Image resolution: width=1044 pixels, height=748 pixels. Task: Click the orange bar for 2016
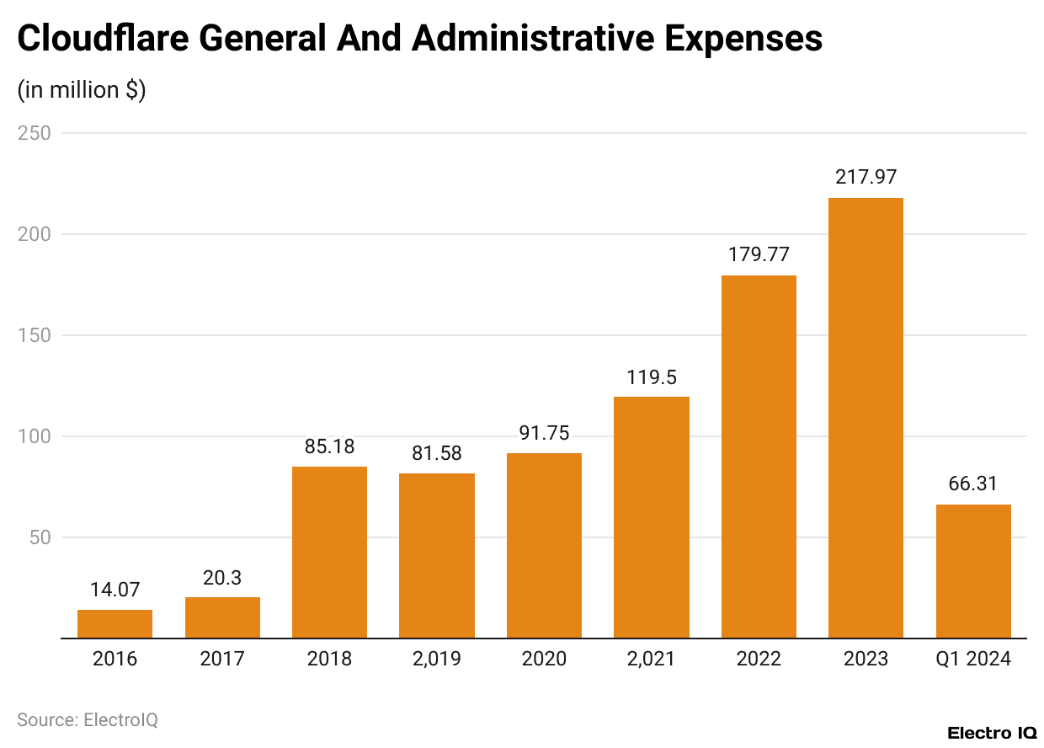[115, 624]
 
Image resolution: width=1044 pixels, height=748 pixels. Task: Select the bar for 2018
[329, 553]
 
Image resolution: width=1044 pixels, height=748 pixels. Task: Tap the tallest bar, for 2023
[866, 419]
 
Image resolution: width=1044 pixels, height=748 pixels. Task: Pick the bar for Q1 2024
[973, 571]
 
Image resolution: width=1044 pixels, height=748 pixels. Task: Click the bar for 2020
[544, 546]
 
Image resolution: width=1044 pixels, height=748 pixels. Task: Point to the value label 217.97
[866, 178]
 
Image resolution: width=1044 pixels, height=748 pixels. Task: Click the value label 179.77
[759, 255]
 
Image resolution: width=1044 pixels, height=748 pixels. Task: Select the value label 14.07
[115, 590]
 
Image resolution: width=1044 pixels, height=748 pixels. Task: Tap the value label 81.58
[436, 453]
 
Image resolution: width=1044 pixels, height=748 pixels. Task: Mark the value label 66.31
[973, 484]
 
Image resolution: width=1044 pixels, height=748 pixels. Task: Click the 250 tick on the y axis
[35, 133]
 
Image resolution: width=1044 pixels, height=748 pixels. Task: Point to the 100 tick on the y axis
[35, 436]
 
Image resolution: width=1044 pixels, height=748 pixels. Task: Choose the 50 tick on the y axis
[40, 537]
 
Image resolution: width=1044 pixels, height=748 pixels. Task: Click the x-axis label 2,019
[436, 659]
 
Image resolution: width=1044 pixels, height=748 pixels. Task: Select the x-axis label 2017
[222, 659]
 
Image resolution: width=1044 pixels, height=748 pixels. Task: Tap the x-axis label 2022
[759, 659]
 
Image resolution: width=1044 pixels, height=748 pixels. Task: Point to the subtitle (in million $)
[82, 89]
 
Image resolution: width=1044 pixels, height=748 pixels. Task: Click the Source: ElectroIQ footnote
[88, 720]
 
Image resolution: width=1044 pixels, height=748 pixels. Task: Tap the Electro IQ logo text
[992, 733]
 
